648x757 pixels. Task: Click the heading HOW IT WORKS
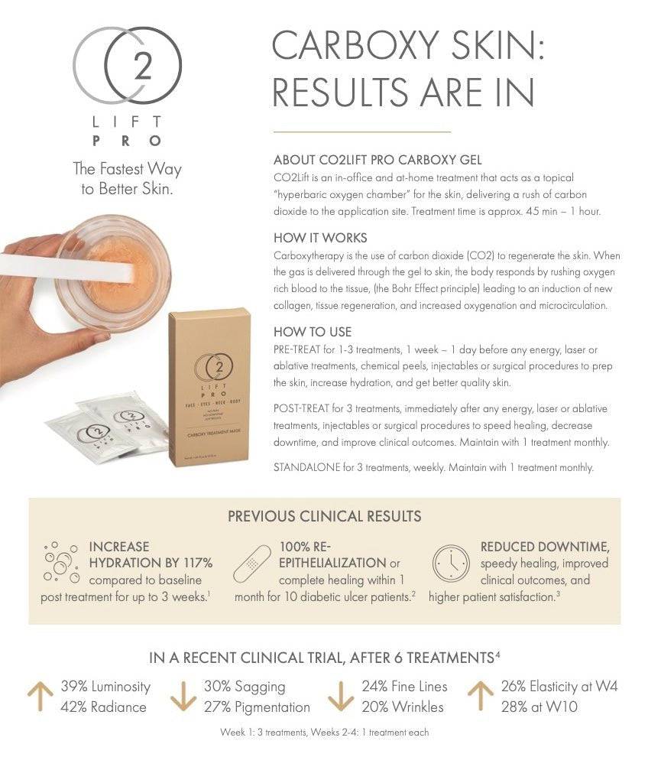[320, 238]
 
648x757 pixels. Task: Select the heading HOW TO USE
[313, 332]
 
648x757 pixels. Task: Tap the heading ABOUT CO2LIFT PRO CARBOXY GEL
[377, 160]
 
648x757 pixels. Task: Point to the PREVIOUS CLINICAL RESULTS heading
[324, 516]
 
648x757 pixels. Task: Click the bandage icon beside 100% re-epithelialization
[254, 567]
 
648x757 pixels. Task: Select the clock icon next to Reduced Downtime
[451, 565]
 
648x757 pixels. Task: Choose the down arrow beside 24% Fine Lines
[339, 696]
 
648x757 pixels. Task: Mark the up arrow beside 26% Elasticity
[481, 696]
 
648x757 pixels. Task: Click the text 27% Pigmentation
[257, 707]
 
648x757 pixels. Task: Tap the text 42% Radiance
[103, 707]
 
